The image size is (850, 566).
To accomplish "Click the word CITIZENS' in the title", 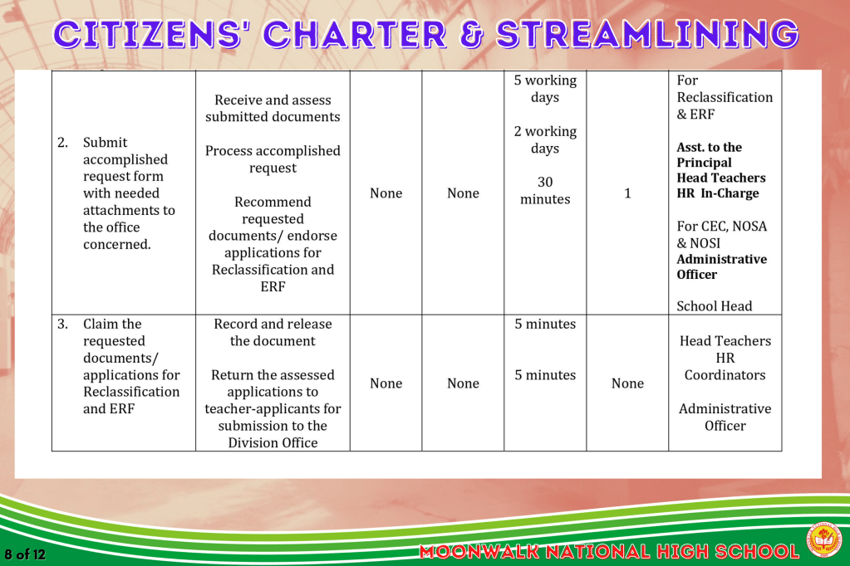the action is pyautogui.click(x=147, y=34).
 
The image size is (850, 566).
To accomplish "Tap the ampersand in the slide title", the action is pyautogui.click(x=471, y=35).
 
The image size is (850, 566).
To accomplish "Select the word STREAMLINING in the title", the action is pyautogui.click(x=647, y=34).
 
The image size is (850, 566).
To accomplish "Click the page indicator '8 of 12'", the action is pyautogui.click(x=25, y=554).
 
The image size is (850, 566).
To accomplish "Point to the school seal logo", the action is pyautogui.click(x=825, y=539).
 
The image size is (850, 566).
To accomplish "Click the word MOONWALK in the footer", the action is pyautogui.click(x=479, y=552).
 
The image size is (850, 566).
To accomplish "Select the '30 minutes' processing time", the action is pyautogui.click(x=545, y=191).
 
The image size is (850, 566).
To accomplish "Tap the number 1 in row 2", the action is pyautogui.click(x=627, y=193).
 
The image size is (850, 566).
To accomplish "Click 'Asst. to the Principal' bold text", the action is pyautogui.click(x=709, y=155).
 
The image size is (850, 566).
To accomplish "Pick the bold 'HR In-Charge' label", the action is pyautogui.click(x=718, y=193).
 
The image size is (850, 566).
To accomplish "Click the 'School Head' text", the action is pyautogui.click(x=714, y=306).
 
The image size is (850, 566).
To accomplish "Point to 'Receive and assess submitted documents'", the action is pyautogui.click(x=273, y=109).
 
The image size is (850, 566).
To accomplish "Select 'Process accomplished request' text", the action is pyautogui.click(x=273, y=159).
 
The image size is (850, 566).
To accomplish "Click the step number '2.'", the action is pyautogui.click(x=63, y=143).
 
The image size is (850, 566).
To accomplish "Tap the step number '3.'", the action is pyautogui.click(x=63, y=324).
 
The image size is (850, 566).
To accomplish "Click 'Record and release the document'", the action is pyautogui.click(x=273, y=332).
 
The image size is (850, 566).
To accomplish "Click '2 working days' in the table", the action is pyautogui.click(x=545, y=139).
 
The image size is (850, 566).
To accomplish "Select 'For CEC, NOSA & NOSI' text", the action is pyautogui.click(x=721, y=235).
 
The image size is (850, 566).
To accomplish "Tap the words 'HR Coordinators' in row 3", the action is pyautogui.click(x=725, y=366).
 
